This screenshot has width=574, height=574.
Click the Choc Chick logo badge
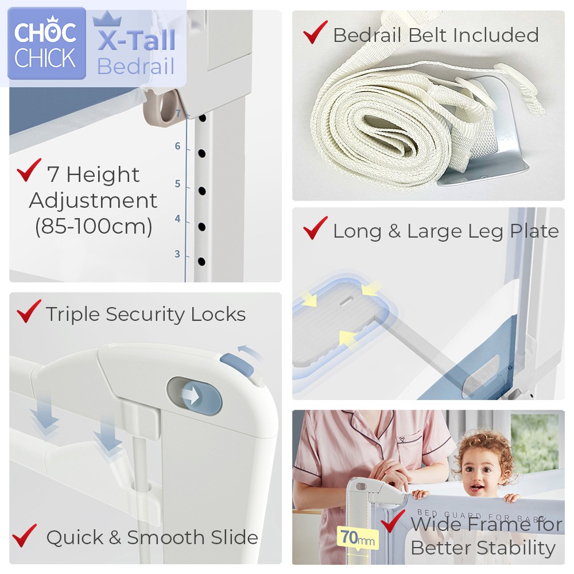[47, 43]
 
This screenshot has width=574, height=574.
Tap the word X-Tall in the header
[136, 40]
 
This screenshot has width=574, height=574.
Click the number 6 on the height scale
[177, 146]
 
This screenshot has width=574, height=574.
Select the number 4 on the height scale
[177, 219]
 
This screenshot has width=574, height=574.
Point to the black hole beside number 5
[201, 191]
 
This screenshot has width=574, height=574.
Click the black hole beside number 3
[201, 261]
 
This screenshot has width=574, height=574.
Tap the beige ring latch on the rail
[164, 107]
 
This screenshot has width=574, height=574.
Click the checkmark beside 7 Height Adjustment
[29, 170]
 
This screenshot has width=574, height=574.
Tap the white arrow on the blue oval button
[191, 395]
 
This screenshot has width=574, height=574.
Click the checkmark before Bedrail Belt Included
[315, 32]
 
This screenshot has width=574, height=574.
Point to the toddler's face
[482, 472]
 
